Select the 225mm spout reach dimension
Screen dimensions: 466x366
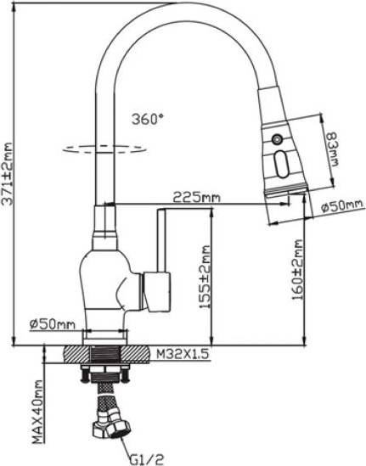(197, 197)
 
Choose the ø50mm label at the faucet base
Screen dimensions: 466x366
(52, 323)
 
